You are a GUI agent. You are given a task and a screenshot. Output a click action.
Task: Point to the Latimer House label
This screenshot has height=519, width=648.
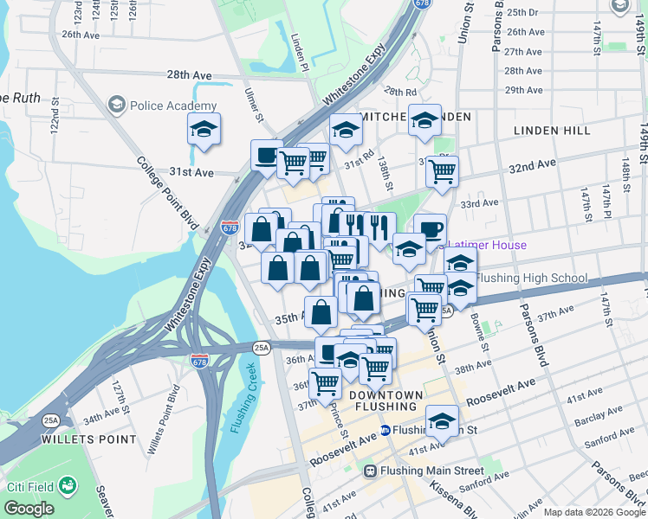click(x=486, y=245)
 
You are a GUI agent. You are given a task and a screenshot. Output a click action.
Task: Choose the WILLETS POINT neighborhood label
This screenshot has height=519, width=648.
click(x=89, y=439)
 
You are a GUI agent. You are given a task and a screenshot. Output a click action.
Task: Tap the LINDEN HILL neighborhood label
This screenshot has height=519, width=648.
click(x=552, y=131)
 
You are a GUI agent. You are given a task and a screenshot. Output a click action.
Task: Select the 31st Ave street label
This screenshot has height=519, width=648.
click(x=191, y=172)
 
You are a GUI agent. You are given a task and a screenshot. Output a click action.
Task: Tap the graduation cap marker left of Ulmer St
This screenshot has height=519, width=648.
click(x=204, y=130)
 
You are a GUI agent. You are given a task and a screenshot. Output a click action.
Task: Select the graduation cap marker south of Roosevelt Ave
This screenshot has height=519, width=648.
click(x=442, y=423)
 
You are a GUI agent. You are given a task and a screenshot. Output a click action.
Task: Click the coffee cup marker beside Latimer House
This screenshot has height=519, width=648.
click(x=430, y=230)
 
